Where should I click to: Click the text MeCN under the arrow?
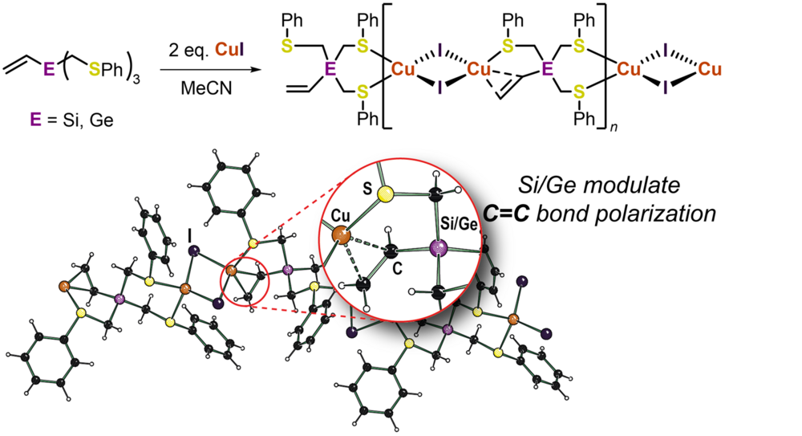click(210, 89)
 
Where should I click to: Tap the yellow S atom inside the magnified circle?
click(387, 194)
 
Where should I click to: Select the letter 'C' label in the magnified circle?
click(396, 271)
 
